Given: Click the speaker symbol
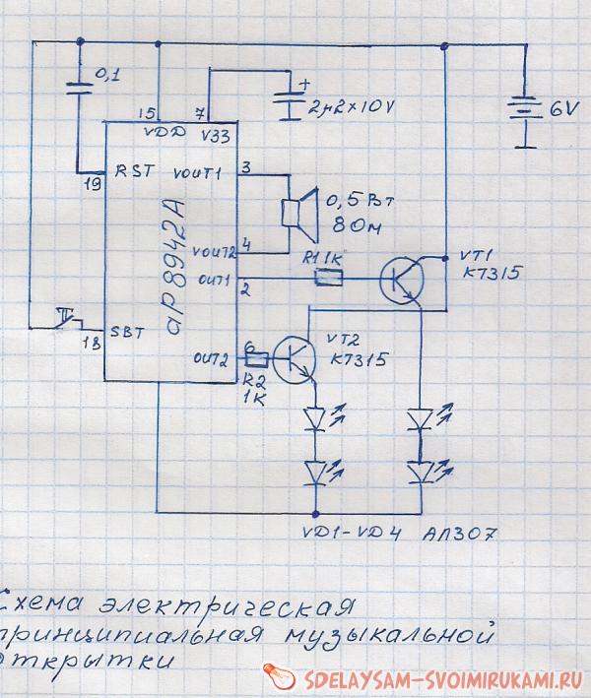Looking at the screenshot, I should point(296,215).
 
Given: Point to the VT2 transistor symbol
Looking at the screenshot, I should point(294,358).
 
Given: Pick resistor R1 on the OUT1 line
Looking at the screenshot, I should point(327,280).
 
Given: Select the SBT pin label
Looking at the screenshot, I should point(129,332).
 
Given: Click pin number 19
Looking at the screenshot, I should point(94,183).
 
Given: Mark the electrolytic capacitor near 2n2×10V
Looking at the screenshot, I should point(287,103).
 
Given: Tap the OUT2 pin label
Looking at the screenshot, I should point(213,356).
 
